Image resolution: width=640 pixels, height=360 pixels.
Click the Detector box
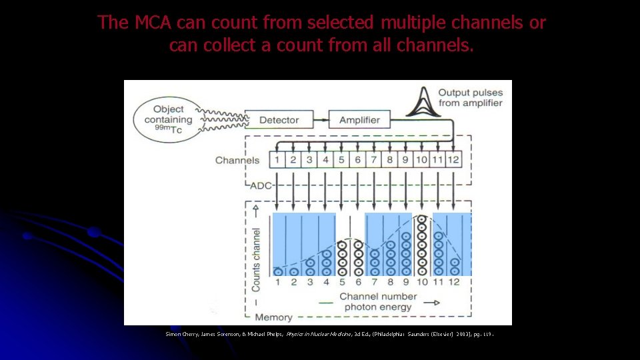click(x=279, y=120)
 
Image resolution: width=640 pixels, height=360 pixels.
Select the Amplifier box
click(x=359, y=120)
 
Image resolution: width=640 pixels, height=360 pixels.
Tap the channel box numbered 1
click(x=277, y=160)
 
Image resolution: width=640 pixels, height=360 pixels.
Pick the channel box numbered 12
click(x=454, y=160)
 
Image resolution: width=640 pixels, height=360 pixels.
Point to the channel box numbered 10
click(x=421, y=160)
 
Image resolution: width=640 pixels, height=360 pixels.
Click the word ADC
click(x=261, y=185)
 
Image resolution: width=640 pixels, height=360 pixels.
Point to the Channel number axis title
click(x=378, y=296)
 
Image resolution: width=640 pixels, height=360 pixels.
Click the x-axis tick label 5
click(x=342, y=282)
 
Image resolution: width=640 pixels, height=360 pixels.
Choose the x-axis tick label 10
click(x=421, y=282)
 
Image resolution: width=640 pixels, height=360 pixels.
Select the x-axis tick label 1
click(x=277, y=282)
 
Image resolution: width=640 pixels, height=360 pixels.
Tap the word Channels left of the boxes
click(x=237, y=160)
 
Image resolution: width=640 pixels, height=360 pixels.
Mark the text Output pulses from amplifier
click(x=470, y=97)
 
